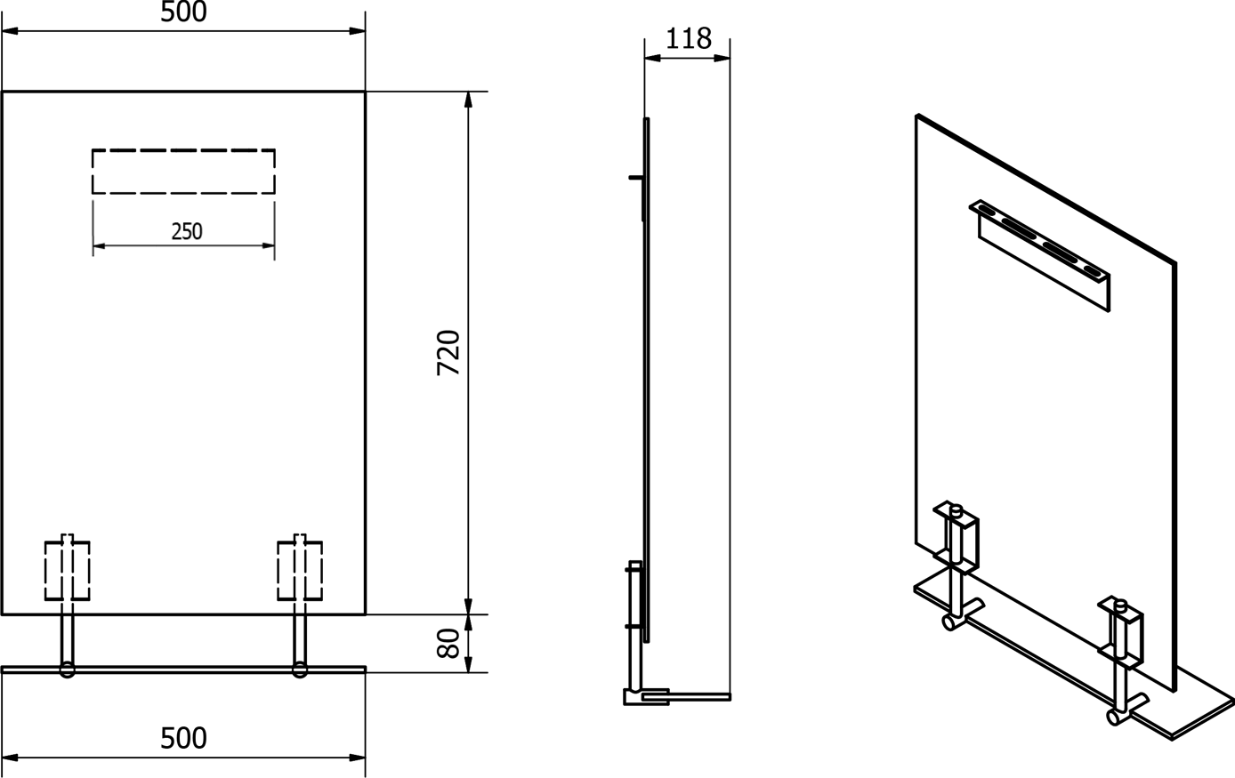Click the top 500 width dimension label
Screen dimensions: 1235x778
183,12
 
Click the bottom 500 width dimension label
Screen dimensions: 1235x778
183,738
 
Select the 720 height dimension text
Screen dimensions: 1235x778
448,353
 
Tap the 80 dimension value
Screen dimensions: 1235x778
448,643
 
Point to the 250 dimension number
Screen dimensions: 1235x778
187,231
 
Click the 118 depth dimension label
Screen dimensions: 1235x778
689,38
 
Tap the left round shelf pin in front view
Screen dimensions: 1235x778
68,670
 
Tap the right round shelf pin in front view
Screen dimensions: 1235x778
300,670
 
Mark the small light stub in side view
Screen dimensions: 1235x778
635,178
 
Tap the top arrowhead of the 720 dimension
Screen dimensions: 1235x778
469,100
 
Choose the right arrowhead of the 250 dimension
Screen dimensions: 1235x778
268,245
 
